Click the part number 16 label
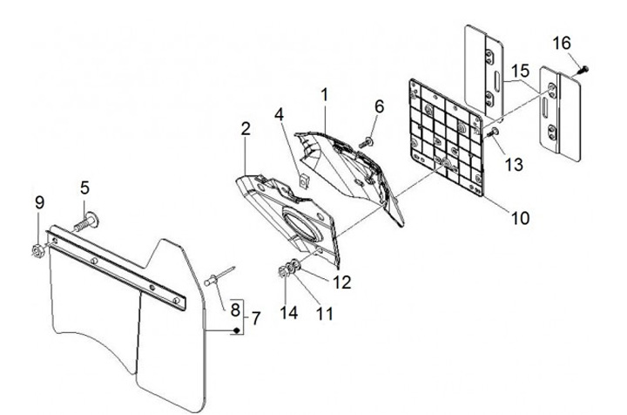click(562, 44)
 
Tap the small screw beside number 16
click(582, 71)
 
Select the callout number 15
click(520, 71)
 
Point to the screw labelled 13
click(493, 133)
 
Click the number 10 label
click(520, 218)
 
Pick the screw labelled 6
click(366, 142)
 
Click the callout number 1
click(324, 95)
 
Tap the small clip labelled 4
click(305, 181)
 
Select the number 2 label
click(245, 129)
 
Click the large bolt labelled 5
click(86, 221)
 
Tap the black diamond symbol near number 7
click(237, 330)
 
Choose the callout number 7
click(256, 319)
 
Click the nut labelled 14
click(282, 272)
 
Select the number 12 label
click(342, 282)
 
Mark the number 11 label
click(324, 314)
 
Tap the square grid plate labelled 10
click(447, 137)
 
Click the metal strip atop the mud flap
click(116, 268)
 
